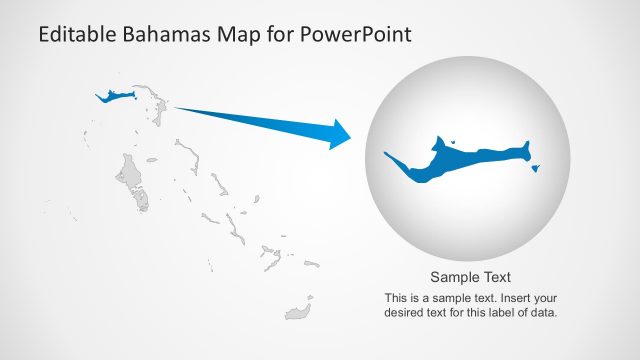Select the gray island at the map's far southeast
coord(297,311)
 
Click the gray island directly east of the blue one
coord(154,101)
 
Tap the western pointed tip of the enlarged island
coord(387,153)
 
